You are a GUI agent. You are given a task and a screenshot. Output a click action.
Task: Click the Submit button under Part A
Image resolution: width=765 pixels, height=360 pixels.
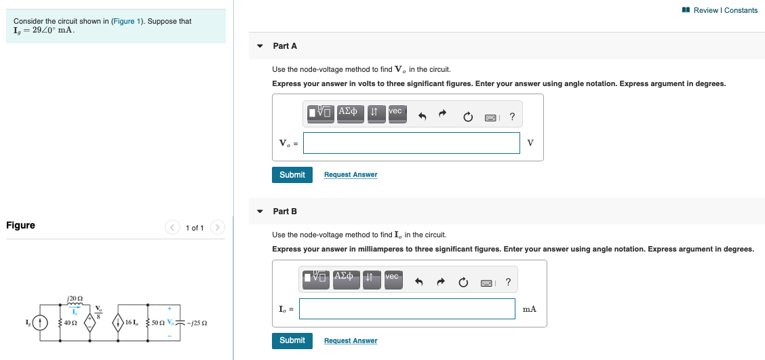coord(292,175)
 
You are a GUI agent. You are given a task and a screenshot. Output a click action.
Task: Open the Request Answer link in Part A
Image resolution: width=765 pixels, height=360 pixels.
coord(351,175)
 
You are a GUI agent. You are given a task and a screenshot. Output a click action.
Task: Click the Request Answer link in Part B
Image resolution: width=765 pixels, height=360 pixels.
coord(351,341)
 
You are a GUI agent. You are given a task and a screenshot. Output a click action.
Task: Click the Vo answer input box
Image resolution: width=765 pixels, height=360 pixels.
coord(412,143)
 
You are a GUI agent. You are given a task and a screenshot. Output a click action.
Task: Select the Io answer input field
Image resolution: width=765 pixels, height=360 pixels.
coord(407,309)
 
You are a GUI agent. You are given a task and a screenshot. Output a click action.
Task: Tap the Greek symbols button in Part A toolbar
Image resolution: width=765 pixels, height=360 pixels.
coord(348,113)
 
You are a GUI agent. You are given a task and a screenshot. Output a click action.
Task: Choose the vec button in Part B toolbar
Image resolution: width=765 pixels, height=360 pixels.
coord(392,279)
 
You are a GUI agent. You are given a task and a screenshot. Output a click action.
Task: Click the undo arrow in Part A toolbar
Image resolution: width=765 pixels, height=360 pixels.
coord(422,117)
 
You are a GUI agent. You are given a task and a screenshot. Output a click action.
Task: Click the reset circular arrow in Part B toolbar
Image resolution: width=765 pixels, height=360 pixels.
coord(464,283)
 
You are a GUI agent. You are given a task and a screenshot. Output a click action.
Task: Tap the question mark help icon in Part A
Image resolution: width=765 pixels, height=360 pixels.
coord(512,117)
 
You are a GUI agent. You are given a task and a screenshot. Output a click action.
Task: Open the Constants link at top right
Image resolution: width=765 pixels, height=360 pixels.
coord(741,10)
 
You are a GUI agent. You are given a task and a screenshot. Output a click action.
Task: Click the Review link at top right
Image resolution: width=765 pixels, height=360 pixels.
coord(705,10)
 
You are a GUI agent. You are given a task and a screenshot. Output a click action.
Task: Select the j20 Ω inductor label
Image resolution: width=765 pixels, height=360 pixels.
coord(75,298)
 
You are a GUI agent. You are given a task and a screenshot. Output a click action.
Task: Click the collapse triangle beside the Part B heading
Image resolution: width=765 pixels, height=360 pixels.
coord(260,212)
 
